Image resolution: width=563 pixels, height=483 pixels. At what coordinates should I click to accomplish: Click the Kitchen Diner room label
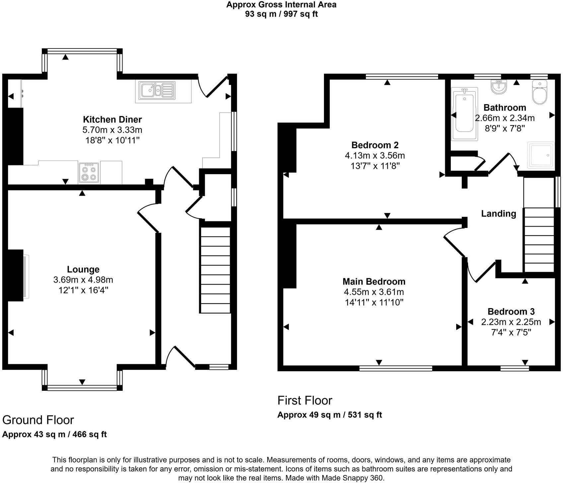coord(112,119)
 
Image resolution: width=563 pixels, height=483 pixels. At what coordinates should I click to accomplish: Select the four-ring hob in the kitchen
coord(89,173)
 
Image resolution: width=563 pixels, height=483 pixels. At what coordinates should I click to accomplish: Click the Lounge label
coord(83,269)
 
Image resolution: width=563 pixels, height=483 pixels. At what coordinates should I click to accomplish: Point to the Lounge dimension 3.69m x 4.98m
coord(83,280)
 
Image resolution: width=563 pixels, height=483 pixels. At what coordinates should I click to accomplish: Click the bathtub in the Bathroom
coord(465,114)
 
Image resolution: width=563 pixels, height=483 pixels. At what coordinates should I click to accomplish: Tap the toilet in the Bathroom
coord(540,92)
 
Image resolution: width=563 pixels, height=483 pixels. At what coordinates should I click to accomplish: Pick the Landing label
coord(499,214)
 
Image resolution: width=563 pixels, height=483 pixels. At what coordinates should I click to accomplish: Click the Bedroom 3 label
coord(511,311)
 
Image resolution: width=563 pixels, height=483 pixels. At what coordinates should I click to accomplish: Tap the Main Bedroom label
coord(374,282)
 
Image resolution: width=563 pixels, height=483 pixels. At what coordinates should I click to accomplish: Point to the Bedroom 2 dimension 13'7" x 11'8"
coord(375,166)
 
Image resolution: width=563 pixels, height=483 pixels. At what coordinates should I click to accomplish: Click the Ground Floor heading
coord(38,420)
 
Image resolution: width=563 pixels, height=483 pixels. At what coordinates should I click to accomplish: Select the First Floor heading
coord(305,400)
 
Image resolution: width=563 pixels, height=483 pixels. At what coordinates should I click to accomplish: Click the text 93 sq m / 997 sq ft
coord(281,14)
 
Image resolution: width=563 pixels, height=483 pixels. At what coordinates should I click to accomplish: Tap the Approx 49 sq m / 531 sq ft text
coord(330,415)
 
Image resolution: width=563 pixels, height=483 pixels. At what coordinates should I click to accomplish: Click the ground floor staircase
coord(215,270)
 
